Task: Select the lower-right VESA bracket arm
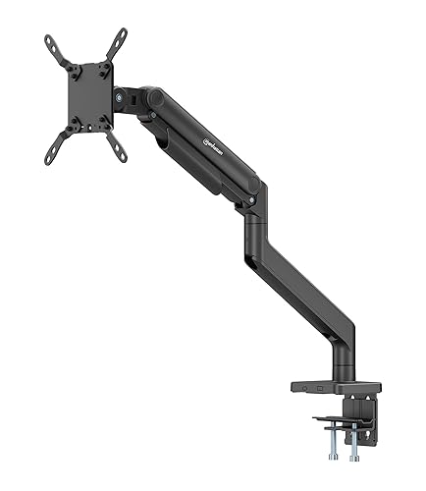(117, 147)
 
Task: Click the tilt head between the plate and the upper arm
(132, 101)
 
